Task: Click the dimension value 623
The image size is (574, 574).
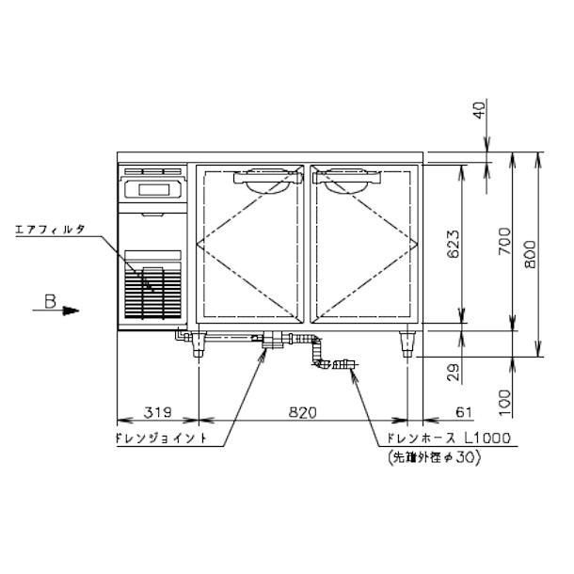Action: [x=454, y=244]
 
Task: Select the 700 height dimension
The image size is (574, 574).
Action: [x=504, y=241]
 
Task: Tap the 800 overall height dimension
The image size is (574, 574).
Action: [x=530, y=254]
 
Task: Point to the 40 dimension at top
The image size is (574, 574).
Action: [x=480, y=110]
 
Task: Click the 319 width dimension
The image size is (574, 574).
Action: [x=157, y=412]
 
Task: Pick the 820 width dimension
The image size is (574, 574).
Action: [x=303, y=412]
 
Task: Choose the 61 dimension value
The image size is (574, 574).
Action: [x=464, y=412]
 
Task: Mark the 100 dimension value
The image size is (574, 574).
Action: [x=504, y=403]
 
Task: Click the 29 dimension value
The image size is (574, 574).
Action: [x=454, y=373]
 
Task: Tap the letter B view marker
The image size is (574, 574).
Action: [x=50, y=302]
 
